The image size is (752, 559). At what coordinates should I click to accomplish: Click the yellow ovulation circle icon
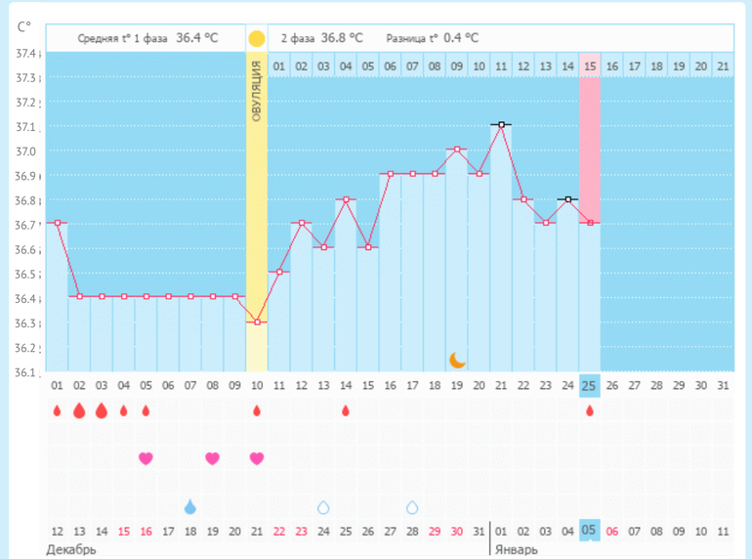pyautogui.click(x=256, y=39)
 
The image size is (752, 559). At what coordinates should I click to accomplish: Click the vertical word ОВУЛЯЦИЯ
pyautogui.click(x=256, y=90)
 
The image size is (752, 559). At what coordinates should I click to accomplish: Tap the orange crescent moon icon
pyautogui.click(x=457, y=360)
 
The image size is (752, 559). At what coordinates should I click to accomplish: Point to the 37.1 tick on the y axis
pyautogui.click(x=26, y=127)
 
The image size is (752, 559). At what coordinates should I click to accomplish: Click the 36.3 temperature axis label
pyautogui.click(x=26, y=323)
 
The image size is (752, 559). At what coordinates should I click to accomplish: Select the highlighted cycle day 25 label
pyautogui.click(x=589, y=385)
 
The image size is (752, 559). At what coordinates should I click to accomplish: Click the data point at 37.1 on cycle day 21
pyautogui.click(x=501, y=125)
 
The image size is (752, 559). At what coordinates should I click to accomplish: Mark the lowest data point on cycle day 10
pyautogui.click(x=256, y=322)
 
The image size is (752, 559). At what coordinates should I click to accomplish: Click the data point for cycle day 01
pyautogui.click(x=57, y=223)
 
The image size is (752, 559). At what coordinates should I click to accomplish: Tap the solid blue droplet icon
pyautogui.click(x=190, y=506)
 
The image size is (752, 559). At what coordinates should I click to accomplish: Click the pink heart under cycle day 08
pyautogui.click(x=212, y=457)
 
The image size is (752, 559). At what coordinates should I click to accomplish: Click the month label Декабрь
pyautogui.click(x=71, y=550)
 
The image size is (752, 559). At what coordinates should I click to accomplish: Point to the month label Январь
pyautogui.click(x=517, y=550)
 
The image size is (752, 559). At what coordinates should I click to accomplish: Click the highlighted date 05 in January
pyautogui.click(x=589, y=531)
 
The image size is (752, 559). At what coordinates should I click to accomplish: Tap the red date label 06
pyautogui.click(x=611, y=532)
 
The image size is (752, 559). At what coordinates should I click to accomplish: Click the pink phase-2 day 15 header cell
pyautogui.click(x=589, y=66)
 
